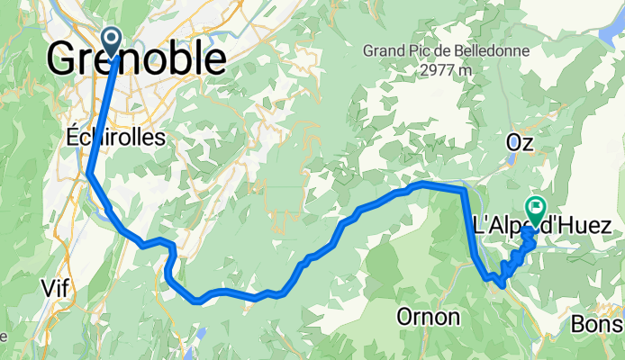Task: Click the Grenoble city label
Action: pyautogui.click(x=135, y=59)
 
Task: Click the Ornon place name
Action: pyautogui.click(x=428, y=317)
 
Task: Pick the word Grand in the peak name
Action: pyautogui.click(x=384, y=50)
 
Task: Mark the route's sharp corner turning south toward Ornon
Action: pyautogui.click(x=464, y=190)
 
